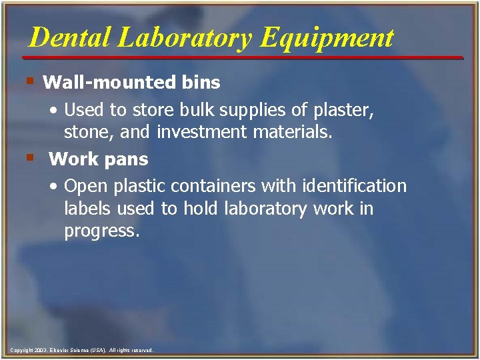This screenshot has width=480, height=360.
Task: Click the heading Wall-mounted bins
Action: (131, 83)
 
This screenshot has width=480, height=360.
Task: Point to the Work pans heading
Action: (99, 159)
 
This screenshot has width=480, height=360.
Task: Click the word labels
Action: (88, 209)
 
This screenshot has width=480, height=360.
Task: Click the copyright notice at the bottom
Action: (82, 350)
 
